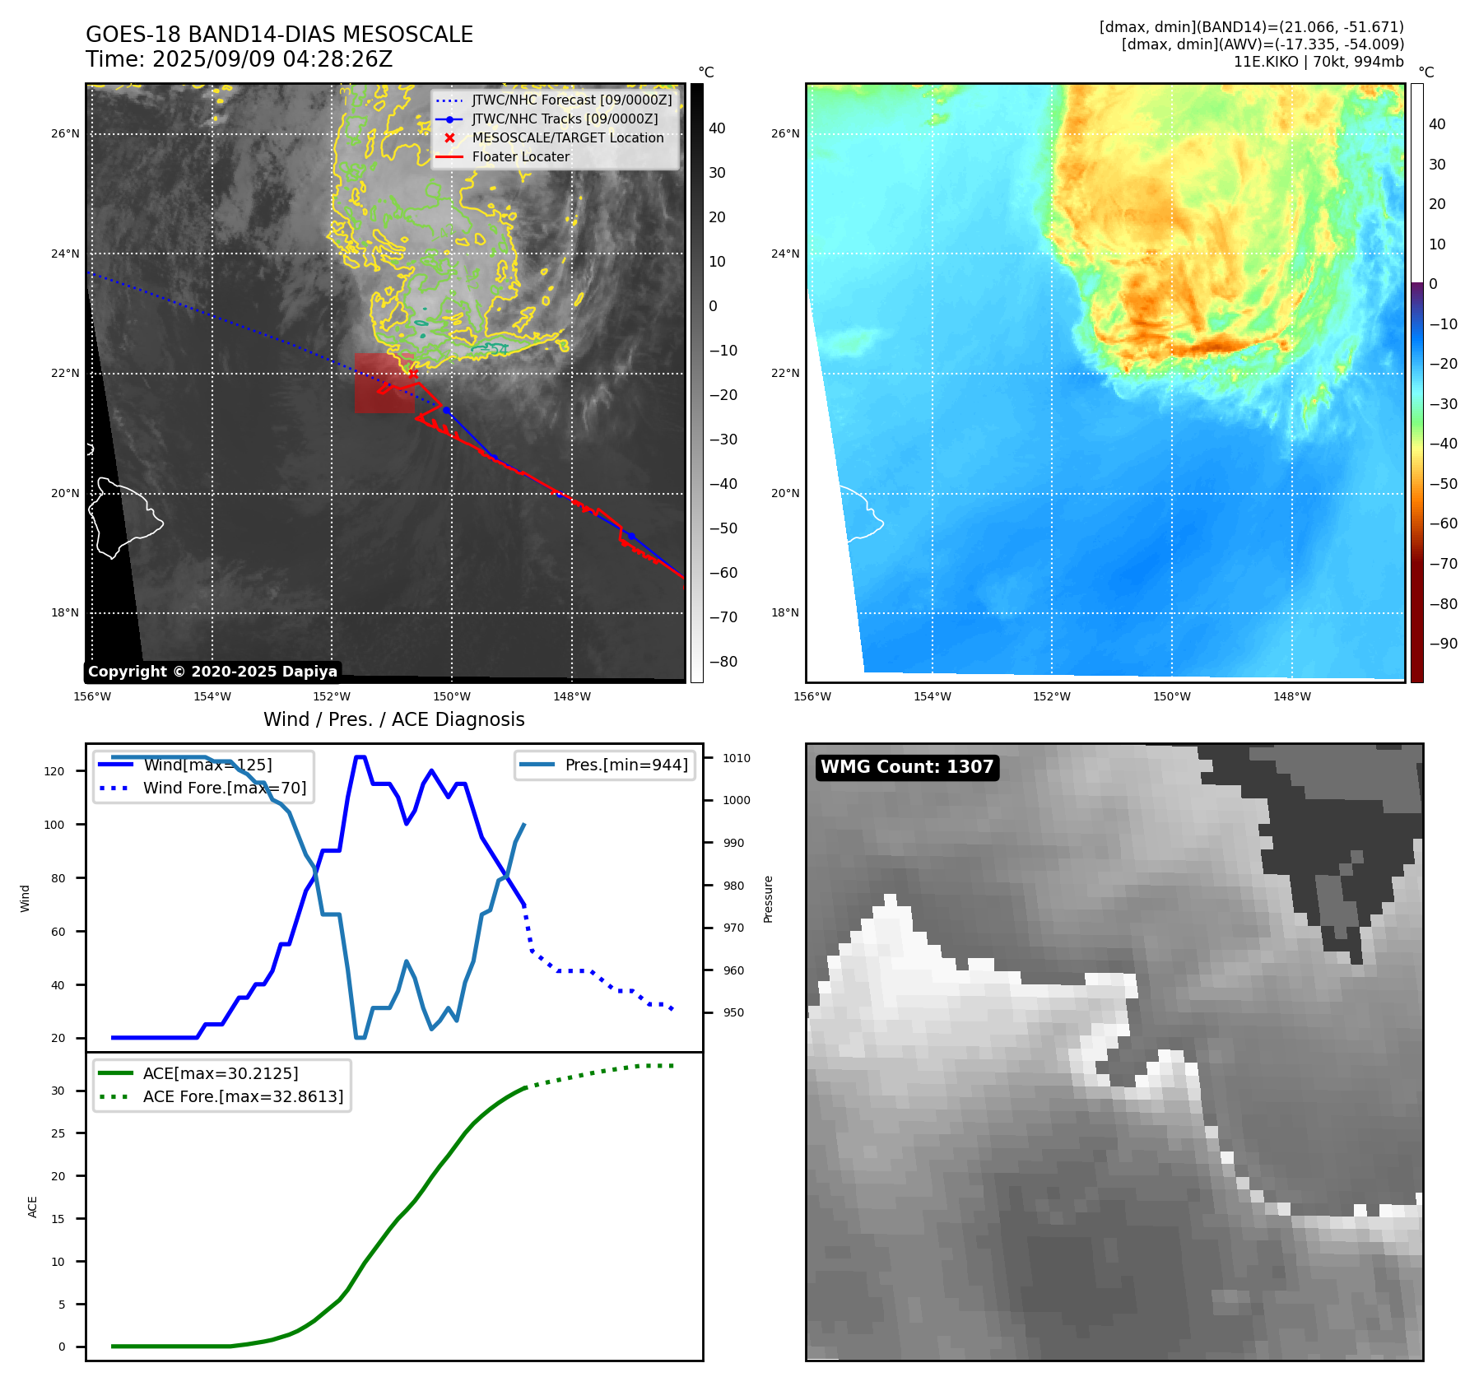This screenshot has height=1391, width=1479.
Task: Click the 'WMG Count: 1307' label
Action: [906, 767]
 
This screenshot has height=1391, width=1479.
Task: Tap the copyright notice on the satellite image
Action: [212, 672]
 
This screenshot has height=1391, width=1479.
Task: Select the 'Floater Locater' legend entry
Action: [520, 157]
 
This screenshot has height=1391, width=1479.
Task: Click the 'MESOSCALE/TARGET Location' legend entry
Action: [567, 138]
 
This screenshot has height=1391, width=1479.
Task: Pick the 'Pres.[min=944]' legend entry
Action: [626, 765]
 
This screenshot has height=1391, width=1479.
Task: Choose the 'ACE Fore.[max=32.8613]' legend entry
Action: [243, 1096]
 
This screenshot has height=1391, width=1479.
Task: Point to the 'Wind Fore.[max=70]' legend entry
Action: [224, 788]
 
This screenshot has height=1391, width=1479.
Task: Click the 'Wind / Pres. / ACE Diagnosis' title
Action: [393, 719]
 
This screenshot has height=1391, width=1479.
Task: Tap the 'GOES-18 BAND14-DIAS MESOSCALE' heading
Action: [279, 35]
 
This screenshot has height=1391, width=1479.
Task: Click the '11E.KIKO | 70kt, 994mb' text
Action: [1318, 62]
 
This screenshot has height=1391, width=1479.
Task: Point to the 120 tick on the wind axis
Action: [54, 771]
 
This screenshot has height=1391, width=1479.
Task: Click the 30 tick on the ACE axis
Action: [58, 1091]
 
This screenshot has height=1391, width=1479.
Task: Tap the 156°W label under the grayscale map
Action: [92, 696]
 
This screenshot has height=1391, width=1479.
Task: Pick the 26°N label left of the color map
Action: [785, 133]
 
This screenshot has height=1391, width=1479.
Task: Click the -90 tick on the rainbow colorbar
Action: [1443, 644]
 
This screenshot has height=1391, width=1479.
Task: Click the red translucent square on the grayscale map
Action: [384, 383]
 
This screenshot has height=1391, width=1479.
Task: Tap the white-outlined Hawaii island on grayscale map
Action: [123, 514]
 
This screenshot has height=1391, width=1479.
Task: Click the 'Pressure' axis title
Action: [768, 899]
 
